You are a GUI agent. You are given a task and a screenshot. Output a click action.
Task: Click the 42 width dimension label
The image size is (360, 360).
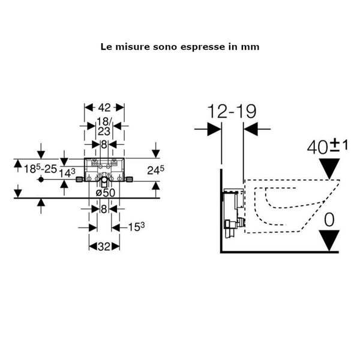(104, 107)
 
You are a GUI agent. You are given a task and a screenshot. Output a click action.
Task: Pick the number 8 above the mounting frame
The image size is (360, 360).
(104, 145)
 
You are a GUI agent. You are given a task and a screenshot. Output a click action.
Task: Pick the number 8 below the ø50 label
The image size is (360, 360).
(104, 208)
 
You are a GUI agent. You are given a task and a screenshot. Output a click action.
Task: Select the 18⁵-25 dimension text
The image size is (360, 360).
(36, 169)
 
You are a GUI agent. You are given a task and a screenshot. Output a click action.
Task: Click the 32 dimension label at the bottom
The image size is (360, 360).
(104, 247)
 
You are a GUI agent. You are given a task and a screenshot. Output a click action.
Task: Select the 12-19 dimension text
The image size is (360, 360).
(232, 112)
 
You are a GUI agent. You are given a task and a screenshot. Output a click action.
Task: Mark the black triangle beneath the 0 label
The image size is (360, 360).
(329, 239)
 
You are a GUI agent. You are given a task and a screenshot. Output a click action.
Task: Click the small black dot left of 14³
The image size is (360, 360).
(40, 180)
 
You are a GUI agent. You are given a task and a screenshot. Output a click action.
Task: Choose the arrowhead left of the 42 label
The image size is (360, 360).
(88, 107)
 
